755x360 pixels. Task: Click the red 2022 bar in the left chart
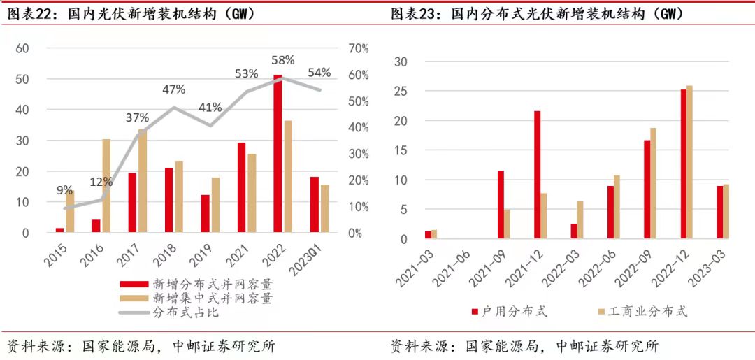point(278,154)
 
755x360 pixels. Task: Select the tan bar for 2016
point(106,186)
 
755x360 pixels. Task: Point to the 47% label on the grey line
point(174,89)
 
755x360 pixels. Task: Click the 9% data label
point(64,189)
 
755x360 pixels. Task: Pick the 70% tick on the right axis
point(359,48)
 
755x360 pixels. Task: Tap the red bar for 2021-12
point(538,175)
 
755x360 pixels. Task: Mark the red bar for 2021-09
point(501,205)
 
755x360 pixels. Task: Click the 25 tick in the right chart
point(401,92)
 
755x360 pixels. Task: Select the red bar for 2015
point(60,230)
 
